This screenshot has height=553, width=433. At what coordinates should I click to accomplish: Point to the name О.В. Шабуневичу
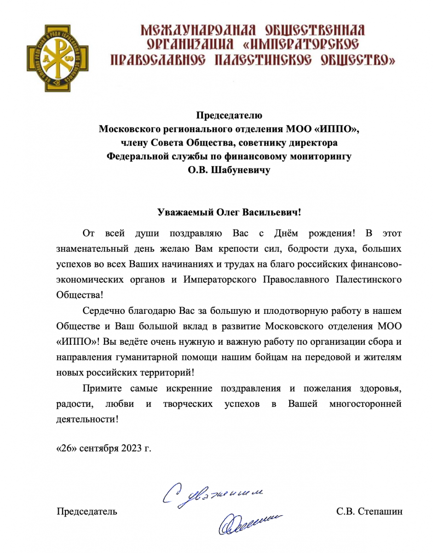tap(229, 170)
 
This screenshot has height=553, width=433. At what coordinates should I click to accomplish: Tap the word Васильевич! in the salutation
tap(275, 212)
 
